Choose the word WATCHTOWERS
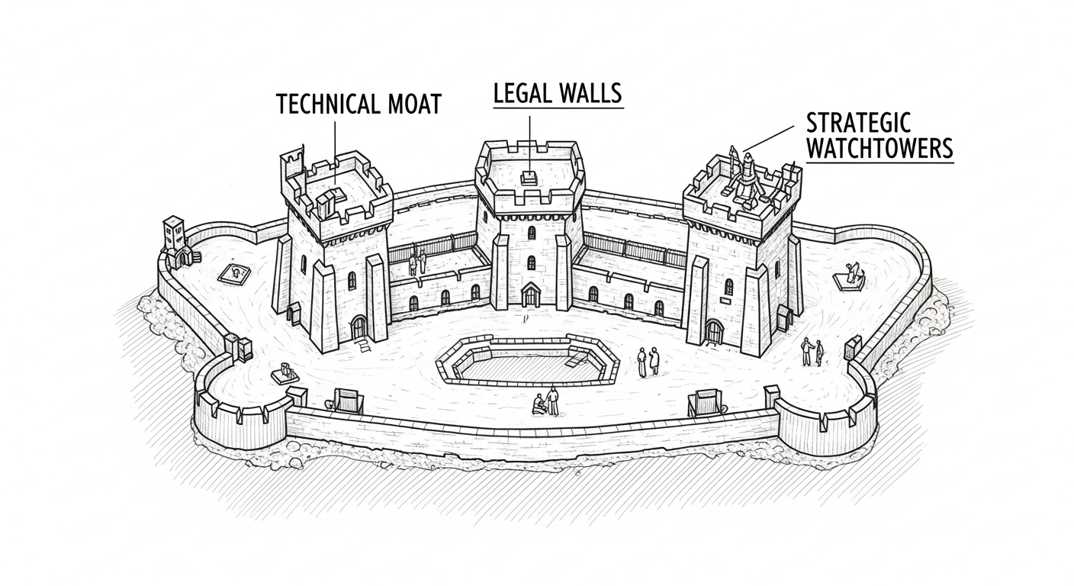[x=879, y=149]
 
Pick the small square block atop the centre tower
[x=528, y=178]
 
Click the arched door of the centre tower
[x=529, y=295]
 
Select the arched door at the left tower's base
[x=358, y=329]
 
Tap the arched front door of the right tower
[x=713, y=332]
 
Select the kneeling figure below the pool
[x=539, y=404]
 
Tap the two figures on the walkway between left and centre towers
[x=417, y=261]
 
